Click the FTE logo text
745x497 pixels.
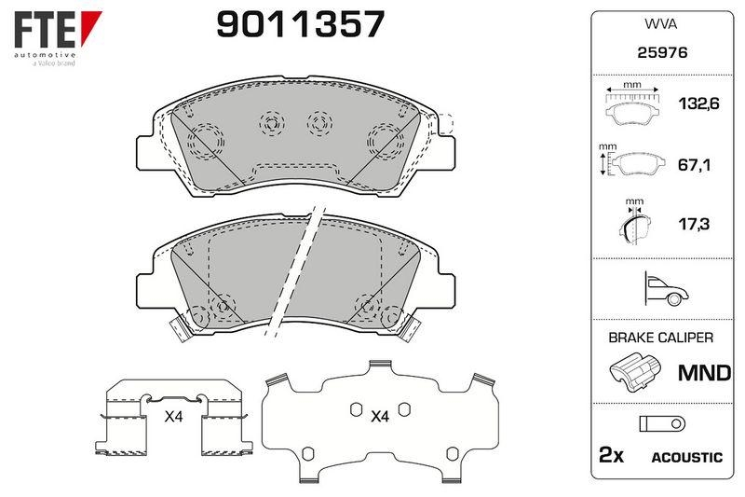click(45, 30)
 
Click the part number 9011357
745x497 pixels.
click(300, 25)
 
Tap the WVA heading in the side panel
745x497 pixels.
click(660, 24)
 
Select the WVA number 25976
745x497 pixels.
click(662, 52)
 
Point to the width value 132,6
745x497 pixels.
click(698, 104)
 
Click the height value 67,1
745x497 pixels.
click(694, 165)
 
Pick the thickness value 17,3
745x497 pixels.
click(694, 224)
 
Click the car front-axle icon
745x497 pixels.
click(666, 289)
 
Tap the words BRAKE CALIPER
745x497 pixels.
click(661, 338)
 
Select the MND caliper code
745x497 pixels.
click(705, 373)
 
